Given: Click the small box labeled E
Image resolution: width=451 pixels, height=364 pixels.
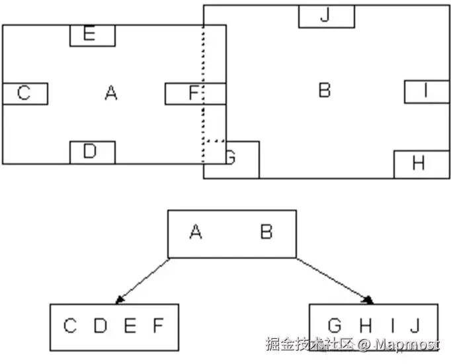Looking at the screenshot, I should [93, 36].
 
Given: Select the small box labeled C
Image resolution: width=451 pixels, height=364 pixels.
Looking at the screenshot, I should [24, 93].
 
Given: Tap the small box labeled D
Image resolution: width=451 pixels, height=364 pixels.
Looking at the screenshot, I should [92, 152].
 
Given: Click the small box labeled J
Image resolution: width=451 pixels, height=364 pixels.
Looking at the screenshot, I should [324, 17].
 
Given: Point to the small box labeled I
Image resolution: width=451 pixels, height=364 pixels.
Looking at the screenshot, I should [427, 91].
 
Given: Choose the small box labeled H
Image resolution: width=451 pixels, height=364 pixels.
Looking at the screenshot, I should [418, 164].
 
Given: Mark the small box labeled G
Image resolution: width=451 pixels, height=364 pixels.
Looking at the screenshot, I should [231, 159].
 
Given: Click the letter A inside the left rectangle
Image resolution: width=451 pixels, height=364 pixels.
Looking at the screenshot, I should [111, 93].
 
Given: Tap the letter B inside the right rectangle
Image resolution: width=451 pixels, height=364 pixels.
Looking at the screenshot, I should [324, 89].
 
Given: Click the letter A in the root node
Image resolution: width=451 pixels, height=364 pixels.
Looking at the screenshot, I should [195, 232].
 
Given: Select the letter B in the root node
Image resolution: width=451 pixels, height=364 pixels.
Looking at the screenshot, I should [266, 232].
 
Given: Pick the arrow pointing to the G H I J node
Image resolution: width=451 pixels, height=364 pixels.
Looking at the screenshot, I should [334, 281].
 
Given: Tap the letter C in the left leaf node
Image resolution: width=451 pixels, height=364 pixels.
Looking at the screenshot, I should [70, 326].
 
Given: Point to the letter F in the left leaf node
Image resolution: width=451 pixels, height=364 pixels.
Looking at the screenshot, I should [157, 326].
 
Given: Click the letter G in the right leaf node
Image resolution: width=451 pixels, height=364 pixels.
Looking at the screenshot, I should [335, 326].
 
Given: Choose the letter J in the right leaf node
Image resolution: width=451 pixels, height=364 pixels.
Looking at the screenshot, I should [415, 326].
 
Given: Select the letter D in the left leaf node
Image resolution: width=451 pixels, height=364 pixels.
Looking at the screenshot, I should [100, 326].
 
